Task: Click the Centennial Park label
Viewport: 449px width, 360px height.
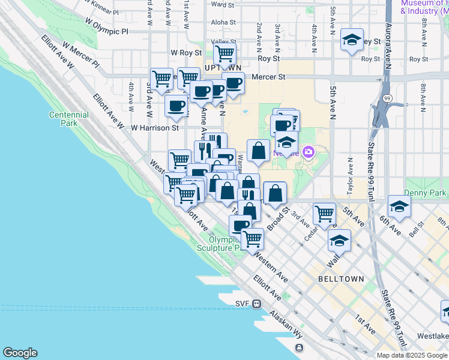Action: [x=69, y=118]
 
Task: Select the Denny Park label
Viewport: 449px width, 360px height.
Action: [x=425, y=193]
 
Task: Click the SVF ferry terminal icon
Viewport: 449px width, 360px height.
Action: [x=256, y=304]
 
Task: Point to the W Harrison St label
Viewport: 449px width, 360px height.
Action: [x=155, y=127]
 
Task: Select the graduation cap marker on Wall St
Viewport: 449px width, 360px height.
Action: [x=339, y=241]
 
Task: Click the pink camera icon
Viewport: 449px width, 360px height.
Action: [x=309, y=152]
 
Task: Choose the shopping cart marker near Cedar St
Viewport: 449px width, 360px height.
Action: [x=324, y=212]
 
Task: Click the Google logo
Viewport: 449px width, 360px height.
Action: [x=20, y=353]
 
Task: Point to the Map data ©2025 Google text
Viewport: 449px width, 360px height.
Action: [x=412, y=355]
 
